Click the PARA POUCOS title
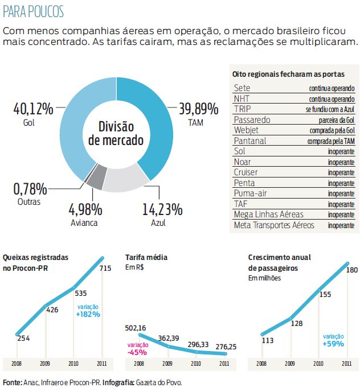[x=34, y=11]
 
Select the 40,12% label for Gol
[x=32, y=108]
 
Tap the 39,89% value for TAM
[x=199, y=108]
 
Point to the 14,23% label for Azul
[x=162, y=209]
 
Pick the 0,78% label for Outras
[x=30, y=188]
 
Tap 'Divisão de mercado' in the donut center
[x=116, y=134]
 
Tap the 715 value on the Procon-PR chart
[x=105, y=268]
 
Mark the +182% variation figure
[x=88, y=313]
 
